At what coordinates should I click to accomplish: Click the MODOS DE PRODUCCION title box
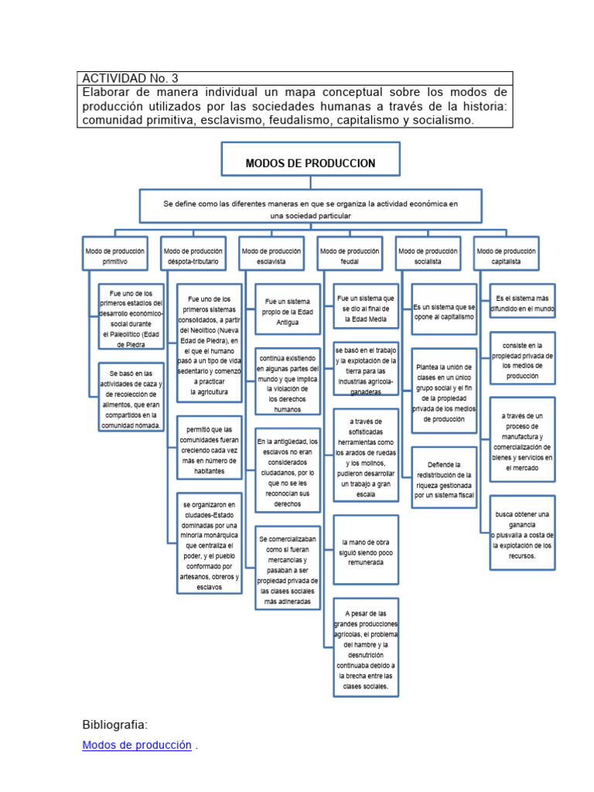310,163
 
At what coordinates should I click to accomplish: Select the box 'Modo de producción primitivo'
114,254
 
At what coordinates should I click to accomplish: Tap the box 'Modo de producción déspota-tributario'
193,254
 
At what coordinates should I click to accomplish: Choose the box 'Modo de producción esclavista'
271,254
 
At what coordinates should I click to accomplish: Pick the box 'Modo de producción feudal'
350,254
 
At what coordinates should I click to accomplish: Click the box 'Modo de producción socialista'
428,254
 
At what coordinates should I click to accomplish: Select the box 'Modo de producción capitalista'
506,254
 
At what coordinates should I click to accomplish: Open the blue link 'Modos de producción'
136,746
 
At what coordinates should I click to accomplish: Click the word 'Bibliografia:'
114,725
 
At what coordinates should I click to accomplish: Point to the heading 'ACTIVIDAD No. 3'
130,78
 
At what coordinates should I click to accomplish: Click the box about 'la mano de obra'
366,550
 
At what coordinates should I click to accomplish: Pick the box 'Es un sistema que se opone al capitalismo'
444,312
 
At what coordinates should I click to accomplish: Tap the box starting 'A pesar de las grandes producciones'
366,647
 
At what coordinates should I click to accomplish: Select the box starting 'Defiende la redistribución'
444,477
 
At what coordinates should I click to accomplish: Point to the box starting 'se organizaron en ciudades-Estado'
210,544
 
